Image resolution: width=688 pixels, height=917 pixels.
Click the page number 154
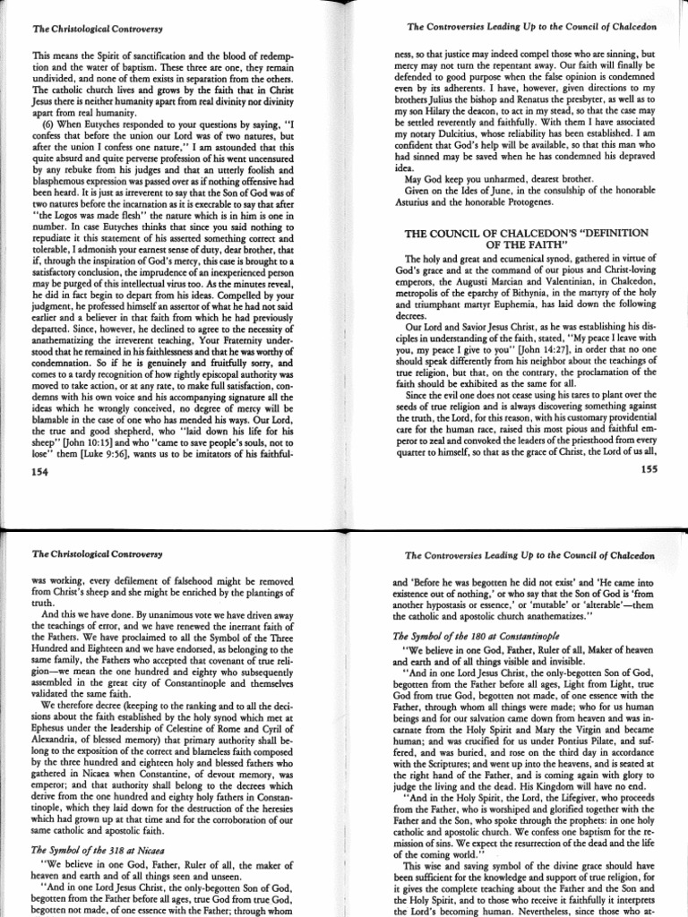click(42, 468)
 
